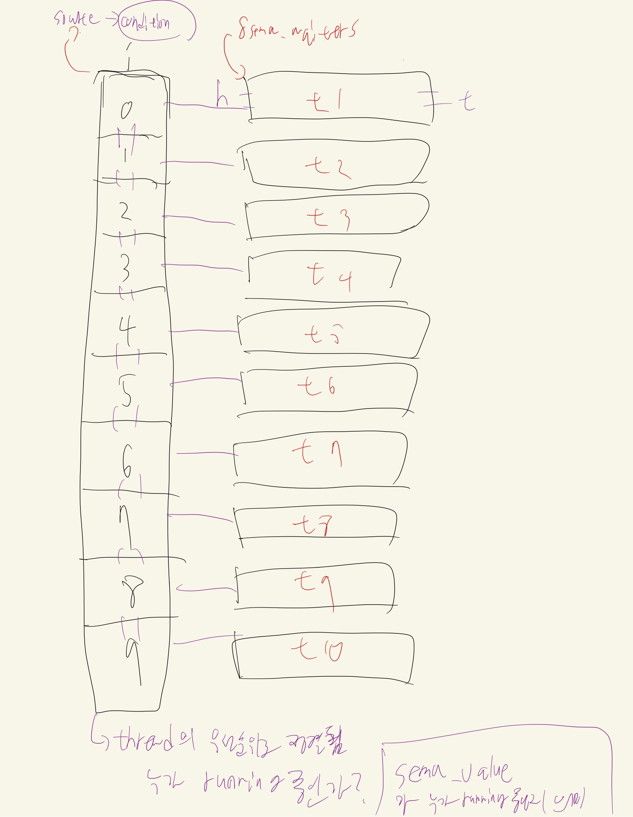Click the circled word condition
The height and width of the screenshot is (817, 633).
pos(145,23)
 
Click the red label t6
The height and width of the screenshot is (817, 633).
pos(317,387)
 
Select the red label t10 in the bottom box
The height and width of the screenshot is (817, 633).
pos(317,649)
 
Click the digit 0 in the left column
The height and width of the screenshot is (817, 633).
pos(126,110)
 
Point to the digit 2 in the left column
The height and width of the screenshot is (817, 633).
pos(126,212)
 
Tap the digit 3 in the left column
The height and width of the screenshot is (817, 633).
pos(124,268)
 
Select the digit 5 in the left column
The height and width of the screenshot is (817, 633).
pos(126,391)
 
